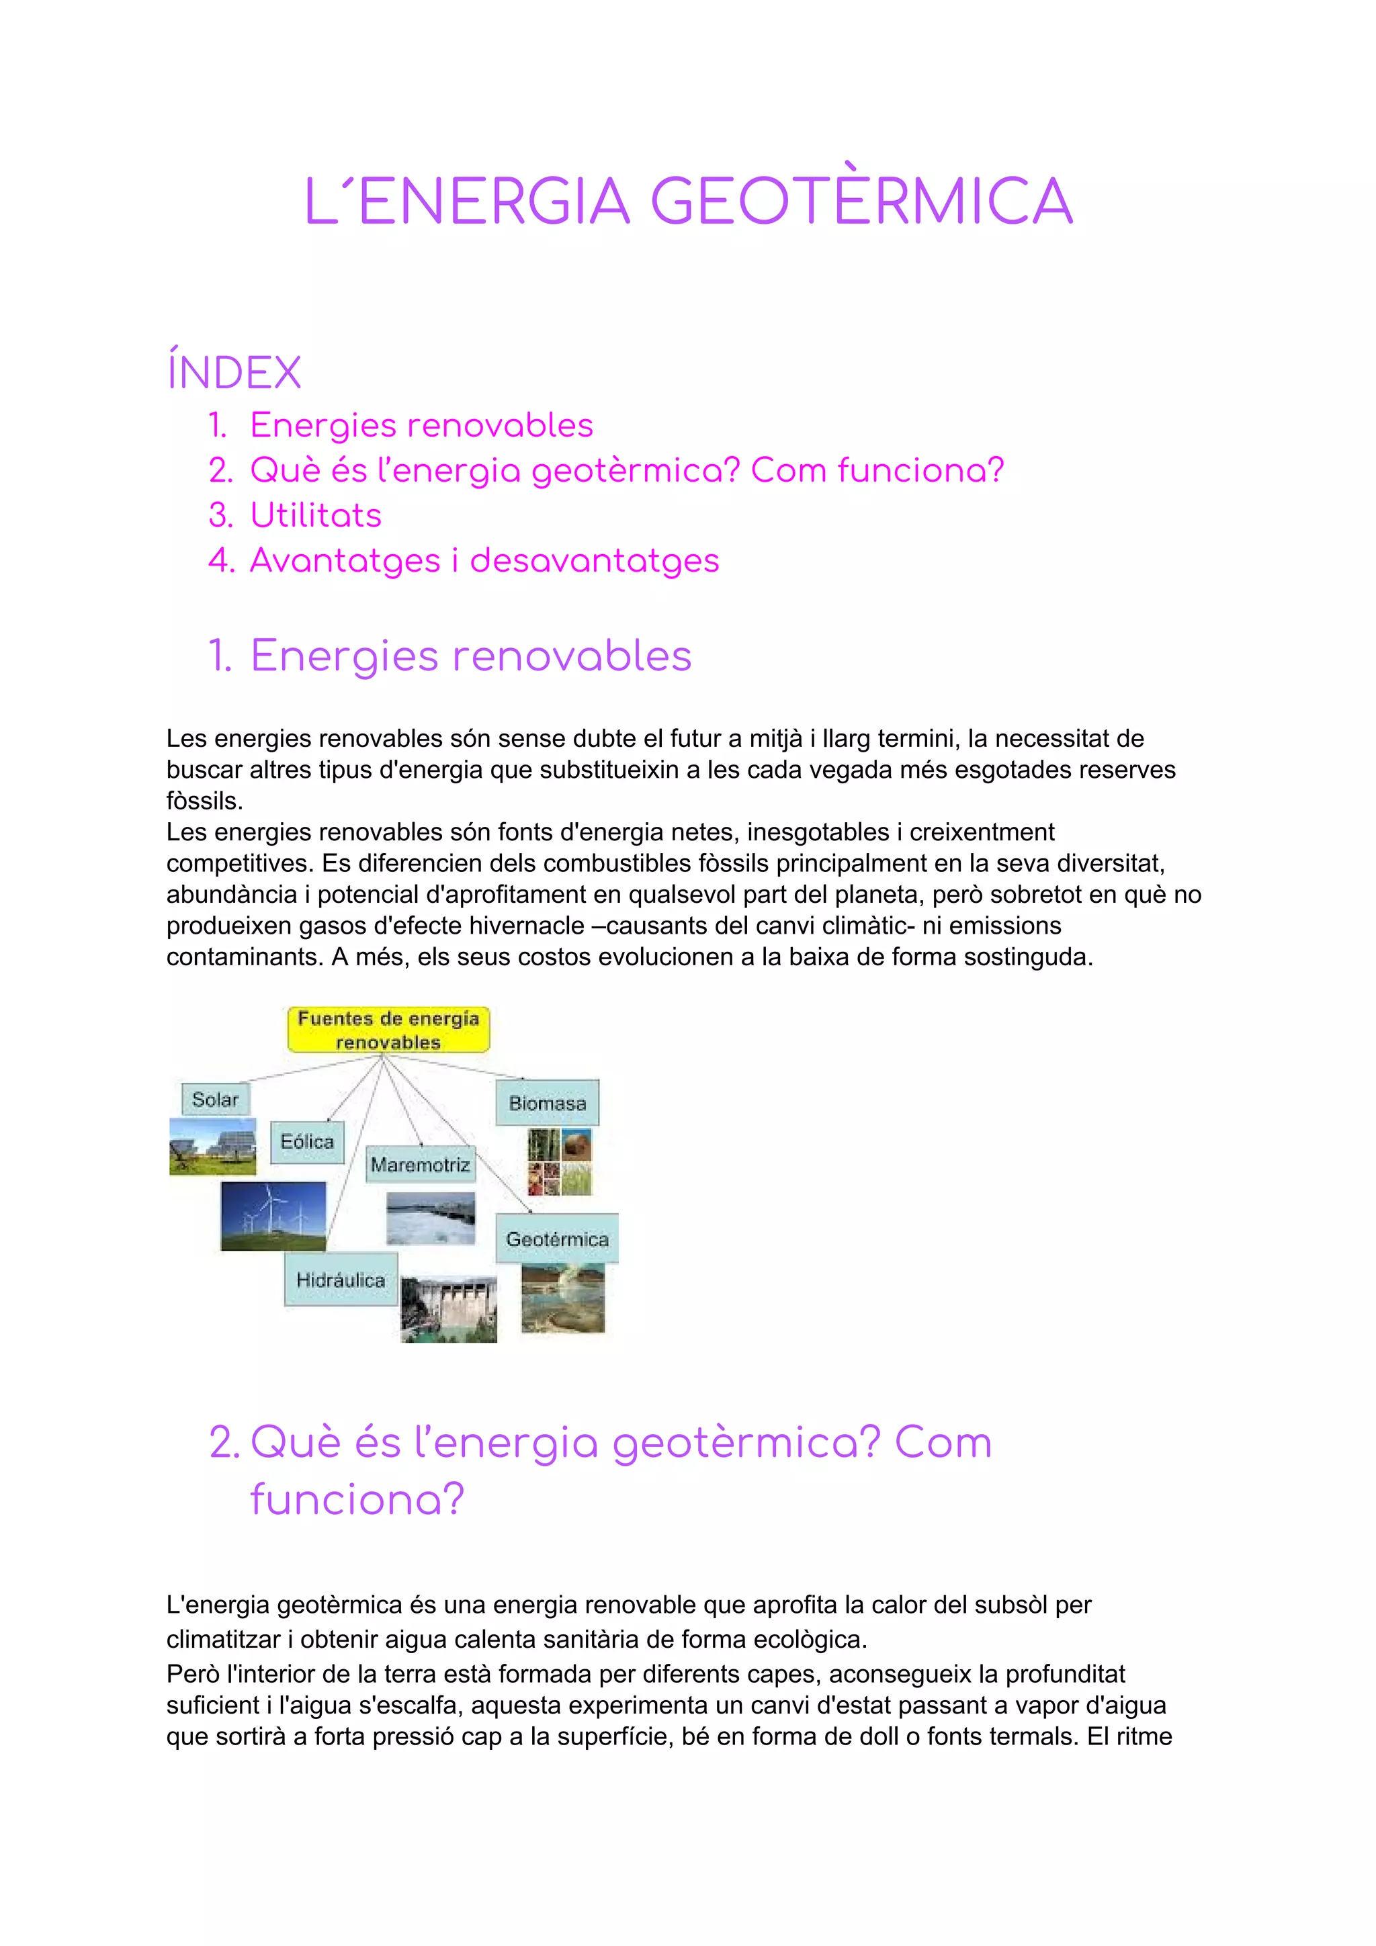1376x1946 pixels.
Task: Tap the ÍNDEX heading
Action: [234, 373]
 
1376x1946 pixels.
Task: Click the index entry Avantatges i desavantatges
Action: [484, 560]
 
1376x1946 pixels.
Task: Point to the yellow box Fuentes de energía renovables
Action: [388, 1030]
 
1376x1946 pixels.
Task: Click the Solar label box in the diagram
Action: [216, 1100]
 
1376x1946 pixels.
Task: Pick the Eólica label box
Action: [307, 1142]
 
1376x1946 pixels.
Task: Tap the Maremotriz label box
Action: [421, 1165]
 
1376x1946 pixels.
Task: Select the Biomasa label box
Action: [547, 1103]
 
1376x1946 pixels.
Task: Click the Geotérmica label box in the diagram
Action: [557, 1239]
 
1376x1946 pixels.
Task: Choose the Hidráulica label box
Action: [341, 1280]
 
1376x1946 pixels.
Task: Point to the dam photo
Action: [449, 1309]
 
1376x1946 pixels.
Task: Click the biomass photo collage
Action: [560, 1161]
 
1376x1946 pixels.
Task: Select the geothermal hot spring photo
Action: [562, 1298]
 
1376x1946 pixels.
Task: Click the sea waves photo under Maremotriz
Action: [431, 1218]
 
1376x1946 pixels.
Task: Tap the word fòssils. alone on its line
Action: [204, 801]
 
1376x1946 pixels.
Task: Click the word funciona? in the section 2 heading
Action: [357, 1499]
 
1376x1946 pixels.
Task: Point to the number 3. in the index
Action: [220, 515]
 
